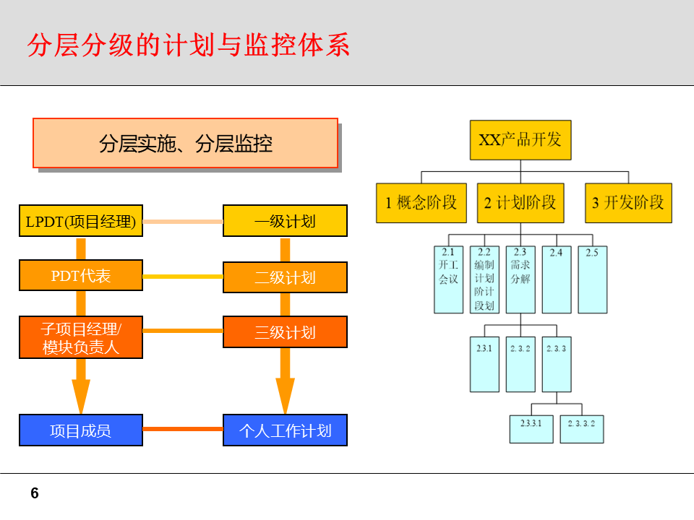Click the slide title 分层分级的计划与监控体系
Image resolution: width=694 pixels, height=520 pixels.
[189, 45]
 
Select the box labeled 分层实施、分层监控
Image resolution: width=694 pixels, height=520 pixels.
[186, 143]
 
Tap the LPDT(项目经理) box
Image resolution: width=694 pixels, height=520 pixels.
[81, 221]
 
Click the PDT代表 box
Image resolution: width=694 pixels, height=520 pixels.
[81, 275]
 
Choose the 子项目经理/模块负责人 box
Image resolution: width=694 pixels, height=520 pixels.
[81, 337]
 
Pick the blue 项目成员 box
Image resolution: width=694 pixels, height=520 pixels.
[81, 430]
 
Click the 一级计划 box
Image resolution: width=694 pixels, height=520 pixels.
[285, 221]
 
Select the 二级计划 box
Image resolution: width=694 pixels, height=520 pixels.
[285, 277]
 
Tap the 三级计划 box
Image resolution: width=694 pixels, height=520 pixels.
[285, 332]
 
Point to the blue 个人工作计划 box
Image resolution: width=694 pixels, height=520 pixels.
[285, 430]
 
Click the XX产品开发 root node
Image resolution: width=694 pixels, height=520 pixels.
[520, 140]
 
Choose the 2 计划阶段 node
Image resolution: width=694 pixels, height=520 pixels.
[520, 203]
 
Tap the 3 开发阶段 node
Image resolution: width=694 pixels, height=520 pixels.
[628, 203]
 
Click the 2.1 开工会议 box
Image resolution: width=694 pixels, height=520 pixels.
[448, 279]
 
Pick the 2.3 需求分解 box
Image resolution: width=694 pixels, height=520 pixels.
[520, 279]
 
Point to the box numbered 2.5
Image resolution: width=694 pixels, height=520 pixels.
[592, 279]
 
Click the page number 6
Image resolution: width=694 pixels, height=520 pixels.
[35, 494]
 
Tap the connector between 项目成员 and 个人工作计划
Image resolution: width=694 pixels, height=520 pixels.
[183, 429]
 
